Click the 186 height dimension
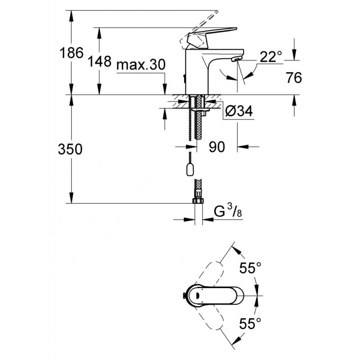pyautogui.click(x=72, y=53)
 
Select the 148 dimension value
pyautogui.click(x=99, y=61)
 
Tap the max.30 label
pyautogui.click(x=141, y=64)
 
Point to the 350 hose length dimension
pyautogui.click(x=70, y=149)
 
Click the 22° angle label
pyautogui.click(x=271, y=57)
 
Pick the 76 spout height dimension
pyautogui.click(x=294, y=77)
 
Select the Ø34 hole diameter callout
pyautogui.click(x=239, y=111)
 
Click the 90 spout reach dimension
pyautogui.click(x=217, y=147)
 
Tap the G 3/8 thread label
pyautogui.click(x=228, y=211)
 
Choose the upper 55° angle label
pyautogui.click(x=250, y=267)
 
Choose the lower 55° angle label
pyautogui.click(x=250, y=324)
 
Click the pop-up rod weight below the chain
pyautogui.click(x=190, y=170)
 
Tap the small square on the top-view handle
pyautogui.click(x=198, y=296)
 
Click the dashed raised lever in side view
pyautogui.click(x=198, y=29)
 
